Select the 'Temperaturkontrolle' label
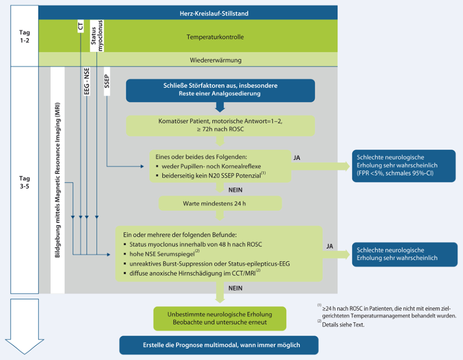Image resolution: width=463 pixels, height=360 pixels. (215, 37)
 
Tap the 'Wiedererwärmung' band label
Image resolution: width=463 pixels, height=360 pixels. (215, 60)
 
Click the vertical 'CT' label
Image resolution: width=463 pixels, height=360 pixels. (81, 27)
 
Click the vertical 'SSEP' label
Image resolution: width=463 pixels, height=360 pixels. (107, 82)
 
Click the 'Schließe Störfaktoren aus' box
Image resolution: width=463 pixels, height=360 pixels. (220, 90)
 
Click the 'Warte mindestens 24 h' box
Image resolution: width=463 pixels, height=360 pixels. (220, 204)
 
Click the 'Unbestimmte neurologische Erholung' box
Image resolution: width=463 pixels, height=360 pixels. (220, 318)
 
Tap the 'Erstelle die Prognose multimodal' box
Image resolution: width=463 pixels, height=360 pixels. (219, 345)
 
